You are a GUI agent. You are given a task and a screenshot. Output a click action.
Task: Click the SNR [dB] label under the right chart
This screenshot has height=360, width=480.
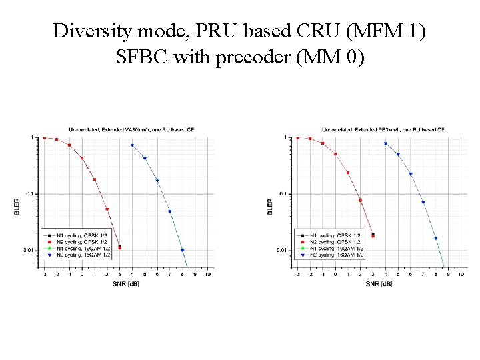pyautogui.click(x=379, y=283)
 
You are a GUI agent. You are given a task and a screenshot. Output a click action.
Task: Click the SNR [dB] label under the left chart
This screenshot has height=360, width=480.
pyautogui.click(x=126, y=283)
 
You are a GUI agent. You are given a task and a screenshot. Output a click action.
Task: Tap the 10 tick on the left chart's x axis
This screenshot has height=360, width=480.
pyautogui.click(x=207, y=274)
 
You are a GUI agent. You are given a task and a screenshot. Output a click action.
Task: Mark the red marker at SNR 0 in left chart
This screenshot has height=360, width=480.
pyautogui.click(x=82, y=158)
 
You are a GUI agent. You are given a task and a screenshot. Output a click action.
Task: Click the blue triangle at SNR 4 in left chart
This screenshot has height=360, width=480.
pyautogui.click(x=132, y=145)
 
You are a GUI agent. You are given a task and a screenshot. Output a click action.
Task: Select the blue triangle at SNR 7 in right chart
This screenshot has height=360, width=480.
pyautogui.click(x=423, y=203)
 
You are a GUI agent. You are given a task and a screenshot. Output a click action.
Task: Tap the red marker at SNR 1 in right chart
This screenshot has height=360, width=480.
pyautogui.click(x=348, y=173)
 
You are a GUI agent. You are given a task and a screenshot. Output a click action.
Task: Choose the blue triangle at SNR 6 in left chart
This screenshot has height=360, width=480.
pyautogui.click(x=157, y=181)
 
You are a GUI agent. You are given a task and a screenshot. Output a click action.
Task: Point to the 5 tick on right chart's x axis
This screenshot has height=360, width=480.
pyautogui.click(x=398, y=274)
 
